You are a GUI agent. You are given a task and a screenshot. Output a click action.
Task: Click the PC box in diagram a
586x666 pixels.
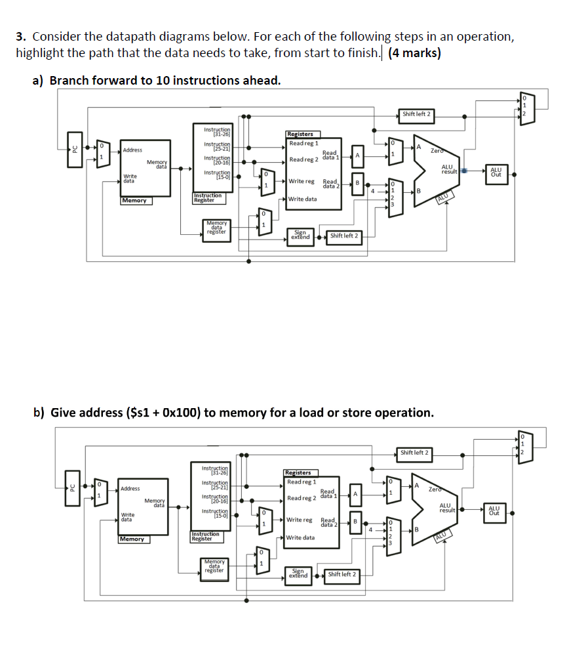tap(75, 150)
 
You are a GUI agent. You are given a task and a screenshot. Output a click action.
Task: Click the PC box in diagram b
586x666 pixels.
tap(73, 488)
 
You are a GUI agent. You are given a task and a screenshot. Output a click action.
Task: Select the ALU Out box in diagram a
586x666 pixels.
tap(496, 172)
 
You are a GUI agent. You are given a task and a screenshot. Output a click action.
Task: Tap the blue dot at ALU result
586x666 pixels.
tap(463, 171)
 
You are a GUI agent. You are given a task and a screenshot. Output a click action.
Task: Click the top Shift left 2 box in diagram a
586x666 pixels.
tap(416, 114)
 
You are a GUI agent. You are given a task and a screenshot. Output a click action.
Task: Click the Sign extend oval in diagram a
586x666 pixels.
tap(300, 235)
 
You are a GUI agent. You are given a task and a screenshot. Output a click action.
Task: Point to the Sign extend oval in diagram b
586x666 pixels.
tap(298, 573)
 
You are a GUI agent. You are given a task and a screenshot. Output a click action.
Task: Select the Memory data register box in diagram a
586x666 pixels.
tap(216, 227)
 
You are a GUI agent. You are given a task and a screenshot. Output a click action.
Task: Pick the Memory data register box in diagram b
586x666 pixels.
tap(214, 566)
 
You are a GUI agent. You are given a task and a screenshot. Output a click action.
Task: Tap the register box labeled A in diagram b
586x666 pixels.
tap(355, 493)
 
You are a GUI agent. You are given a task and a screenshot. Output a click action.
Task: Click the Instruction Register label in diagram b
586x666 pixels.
tap(205, 536)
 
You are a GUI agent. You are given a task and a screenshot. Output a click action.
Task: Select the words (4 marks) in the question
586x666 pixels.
tap(414, 53)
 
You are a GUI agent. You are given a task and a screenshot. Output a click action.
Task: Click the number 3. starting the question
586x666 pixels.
tap(20, 37)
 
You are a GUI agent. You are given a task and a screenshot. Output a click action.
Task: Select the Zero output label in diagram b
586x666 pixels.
tap(435, 489)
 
